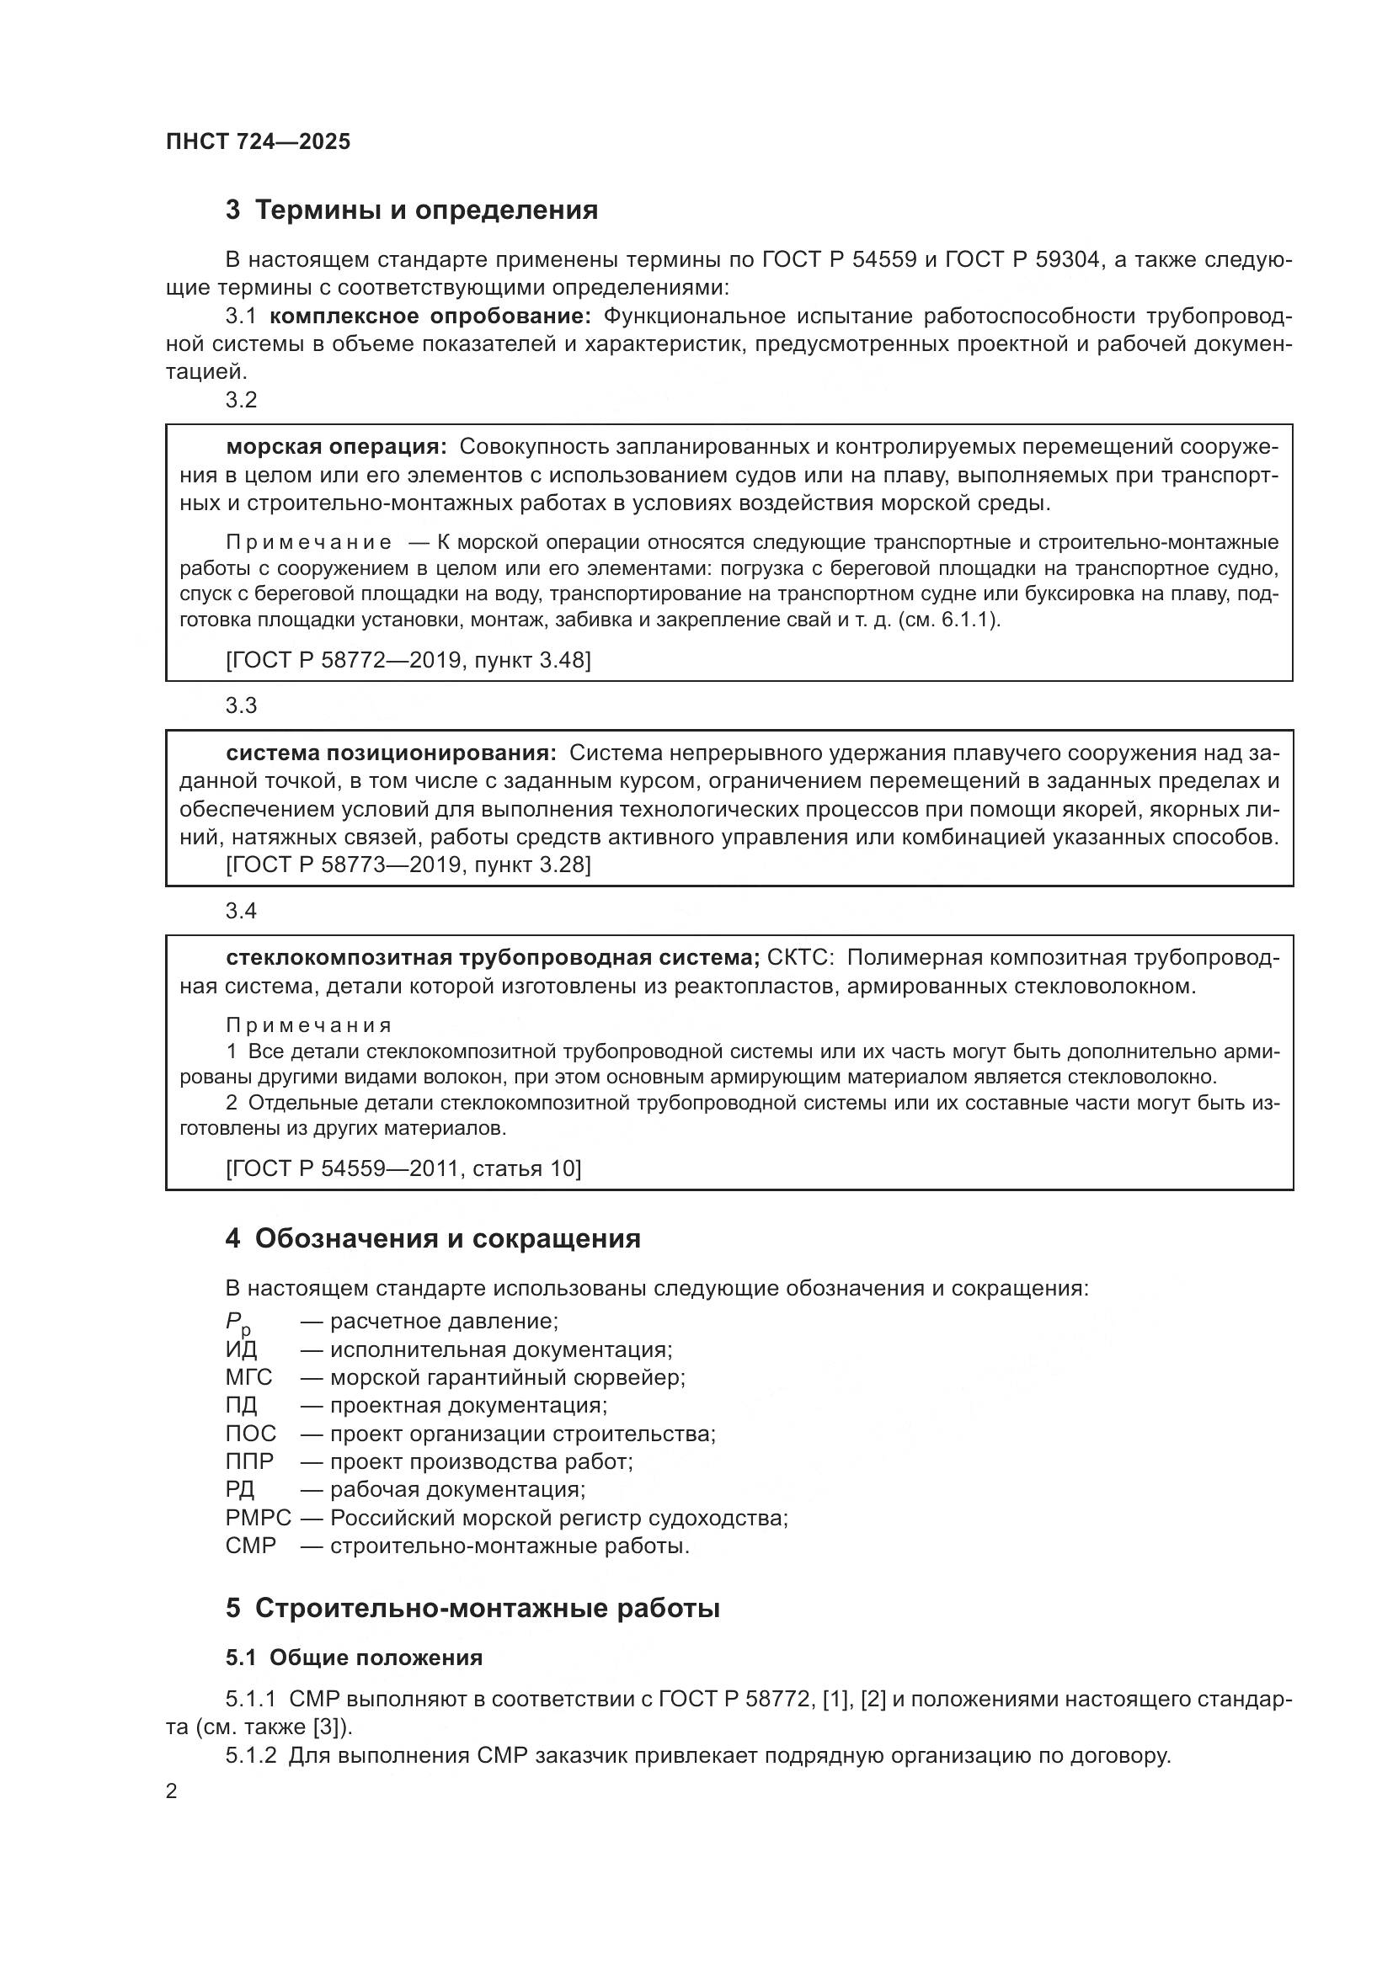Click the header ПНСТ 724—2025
[259, 141]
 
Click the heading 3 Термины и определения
[412, 210]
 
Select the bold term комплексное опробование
[430, 317]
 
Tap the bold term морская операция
[335, 447]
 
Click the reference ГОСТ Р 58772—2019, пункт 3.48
[408, 659]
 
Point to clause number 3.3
[241, 705]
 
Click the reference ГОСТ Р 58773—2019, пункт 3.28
[408, 865]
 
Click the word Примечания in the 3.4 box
[309, 1025]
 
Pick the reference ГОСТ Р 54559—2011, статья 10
[403, 1169]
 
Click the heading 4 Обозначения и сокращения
[433, 1239]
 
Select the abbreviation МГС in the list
[248, 1378]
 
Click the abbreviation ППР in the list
[248, 1461]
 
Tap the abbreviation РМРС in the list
[259, 1518]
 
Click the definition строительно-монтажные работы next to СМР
[510, 1546]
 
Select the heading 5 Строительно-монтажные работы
[472, 1609]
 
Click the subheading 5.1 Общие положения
[355, 1658]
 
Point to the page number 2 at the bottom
[172, 1791]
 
